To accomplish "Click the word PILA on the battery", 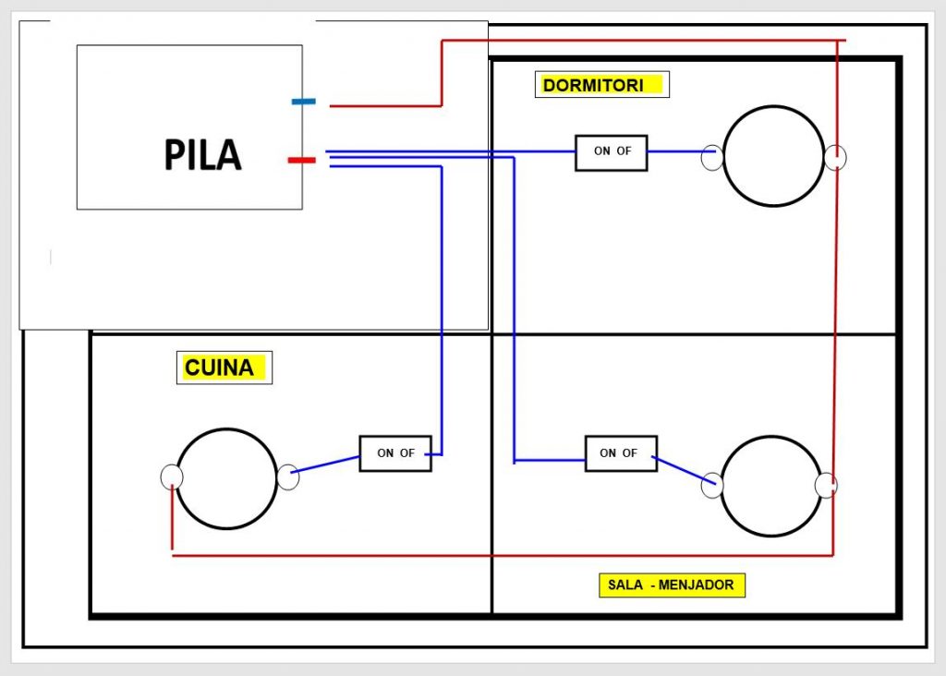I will tap(202, 155).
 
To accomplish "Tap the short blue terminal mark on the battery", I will tap(304, 101).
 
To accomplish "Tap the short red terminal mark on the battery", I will tap(301, 161).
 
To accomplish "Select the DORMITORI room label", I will tap(601, 85).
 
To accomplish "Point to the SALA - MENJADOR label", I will tap(672, 585).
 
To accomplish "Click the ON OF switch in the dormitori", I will tap(612, 152).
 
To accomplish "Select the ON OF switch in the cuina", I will tap(395, 453).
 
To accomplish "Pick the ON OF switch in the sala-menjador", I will tap(622, 453).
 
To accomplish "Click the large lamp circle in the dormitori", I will tap(773, 156).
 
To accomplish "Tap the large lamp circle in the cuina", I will tap(226, 478).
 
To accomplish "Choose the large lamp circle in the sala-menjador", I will tap(771, 486).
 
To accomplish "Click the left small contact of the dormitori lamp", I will tap(711, 158).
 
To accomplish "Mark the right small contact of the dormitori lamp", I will tap(835, 158).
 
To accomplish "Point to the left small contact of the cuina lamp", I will tap(172, 477).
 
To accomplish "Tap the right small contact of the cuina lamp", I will tap(288, 477).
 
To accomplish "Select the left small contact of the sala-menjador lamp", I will tap(711, 485).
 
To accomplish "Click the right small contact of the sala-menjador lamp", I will tap(826, 485).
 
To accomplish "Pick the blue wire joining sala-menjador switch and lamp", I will tap(684, 469).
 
